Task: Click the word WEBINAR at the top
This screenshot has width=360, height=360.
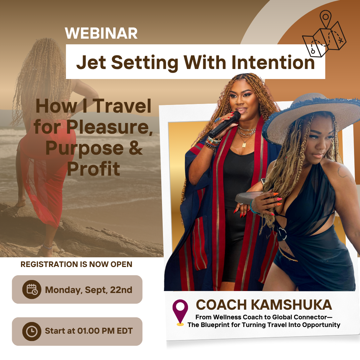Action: tap(101, 33)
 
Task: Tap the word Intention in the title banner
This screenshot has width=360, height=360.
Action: tap(273, 62)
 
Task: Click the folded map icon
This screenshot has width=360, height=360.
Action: tap(324, 34)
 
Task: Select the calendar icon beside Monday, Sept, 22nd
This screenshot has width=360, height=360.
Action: tap(32, 289)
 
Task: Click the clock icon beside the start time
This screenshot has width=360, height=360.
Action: tap(32, 331)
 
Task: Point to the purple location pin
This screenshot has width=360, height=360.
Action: tap(180, 313)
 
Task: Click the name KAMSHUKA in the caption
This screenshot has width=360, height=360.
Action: tap(291, 305)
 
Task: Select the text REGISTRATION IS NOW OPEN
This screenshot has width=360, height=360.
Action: tap(76, 264)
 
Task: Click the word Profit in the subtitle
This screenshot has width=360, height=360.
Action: tap(94, 169)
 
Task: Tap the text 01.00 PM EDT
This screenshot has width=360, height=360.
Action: tap(105, 331)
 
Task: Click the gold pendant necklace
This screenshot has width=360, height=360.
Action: tap(244, 144)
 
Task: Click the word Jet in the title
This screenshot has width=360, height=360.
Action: tap(91, 62)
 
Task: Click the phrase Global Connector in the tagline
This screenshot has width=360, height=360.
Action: tap(299, 317)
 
